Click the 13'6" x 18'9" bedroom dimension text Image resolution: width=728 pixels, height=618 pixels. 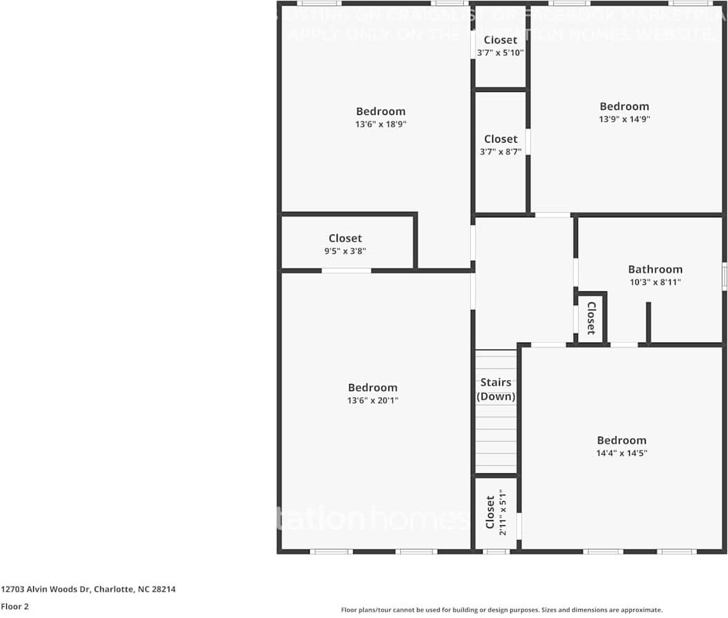point(380,125)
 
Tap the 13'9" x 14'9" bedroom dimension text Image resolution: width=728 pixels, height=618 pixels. point(624,119)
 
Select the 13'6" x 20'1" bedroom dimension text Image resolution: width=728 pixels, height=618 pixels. point(373,401)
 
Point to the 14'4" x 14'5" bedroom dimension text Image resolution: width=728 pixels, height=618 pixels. point(622,453)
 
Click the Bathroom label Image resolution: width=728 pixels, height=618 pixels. point(655,269)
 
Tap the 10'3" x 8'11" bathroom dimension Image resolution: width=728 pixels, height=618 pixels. point(655,282)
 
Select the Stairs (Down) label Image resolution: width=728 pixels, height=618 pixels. point(496,390)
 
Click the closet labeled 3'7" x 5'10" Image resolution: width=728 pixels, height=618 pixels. point(501,46)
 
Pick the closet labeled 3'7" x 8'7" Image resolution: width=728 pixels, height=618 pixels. point(501,145)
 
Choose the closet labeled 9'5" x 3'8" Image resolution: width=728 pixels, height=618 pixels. point(345,244)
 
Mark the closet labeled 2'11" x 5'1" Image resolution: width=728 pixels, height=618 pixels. point(496,514)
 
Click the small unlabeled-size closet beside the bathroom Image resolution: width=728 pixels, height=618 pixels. point(591,318)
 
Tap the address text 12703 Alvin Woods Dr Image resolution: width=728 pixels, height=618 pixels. point(88,590)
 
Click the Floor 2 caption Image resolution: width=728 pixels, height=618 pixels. point(15,606)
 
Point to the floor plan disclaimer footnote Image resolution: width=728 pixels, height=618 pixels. point(501,610)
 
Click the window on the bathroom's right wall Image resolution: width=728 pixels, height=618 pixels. point(724,275)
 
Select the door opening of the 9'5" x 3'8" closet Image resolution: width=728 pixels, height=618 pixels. point(346,271)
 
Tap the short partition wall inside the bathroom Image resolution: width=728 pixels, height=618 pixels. point(648,322)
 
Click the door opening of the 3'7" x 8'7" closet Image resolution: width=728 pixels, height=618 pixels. point(528,142)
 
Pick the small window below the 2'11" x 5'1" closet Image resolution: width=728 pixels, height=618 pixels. point(496,552)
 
